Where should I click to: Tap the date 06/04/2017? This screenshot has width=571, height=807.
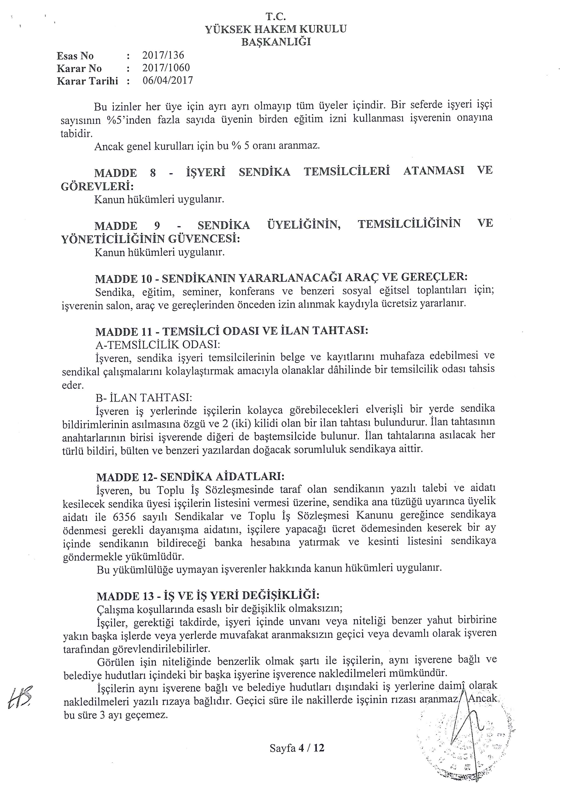point(168,81)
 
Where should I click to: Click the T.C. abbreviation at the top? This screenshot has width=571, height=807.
point(275,16)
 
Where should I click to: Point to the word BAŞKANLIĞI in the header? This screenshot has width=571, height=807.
point(276,42)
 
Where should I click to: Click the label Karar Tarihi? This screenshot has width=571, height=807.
point(87,81)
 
